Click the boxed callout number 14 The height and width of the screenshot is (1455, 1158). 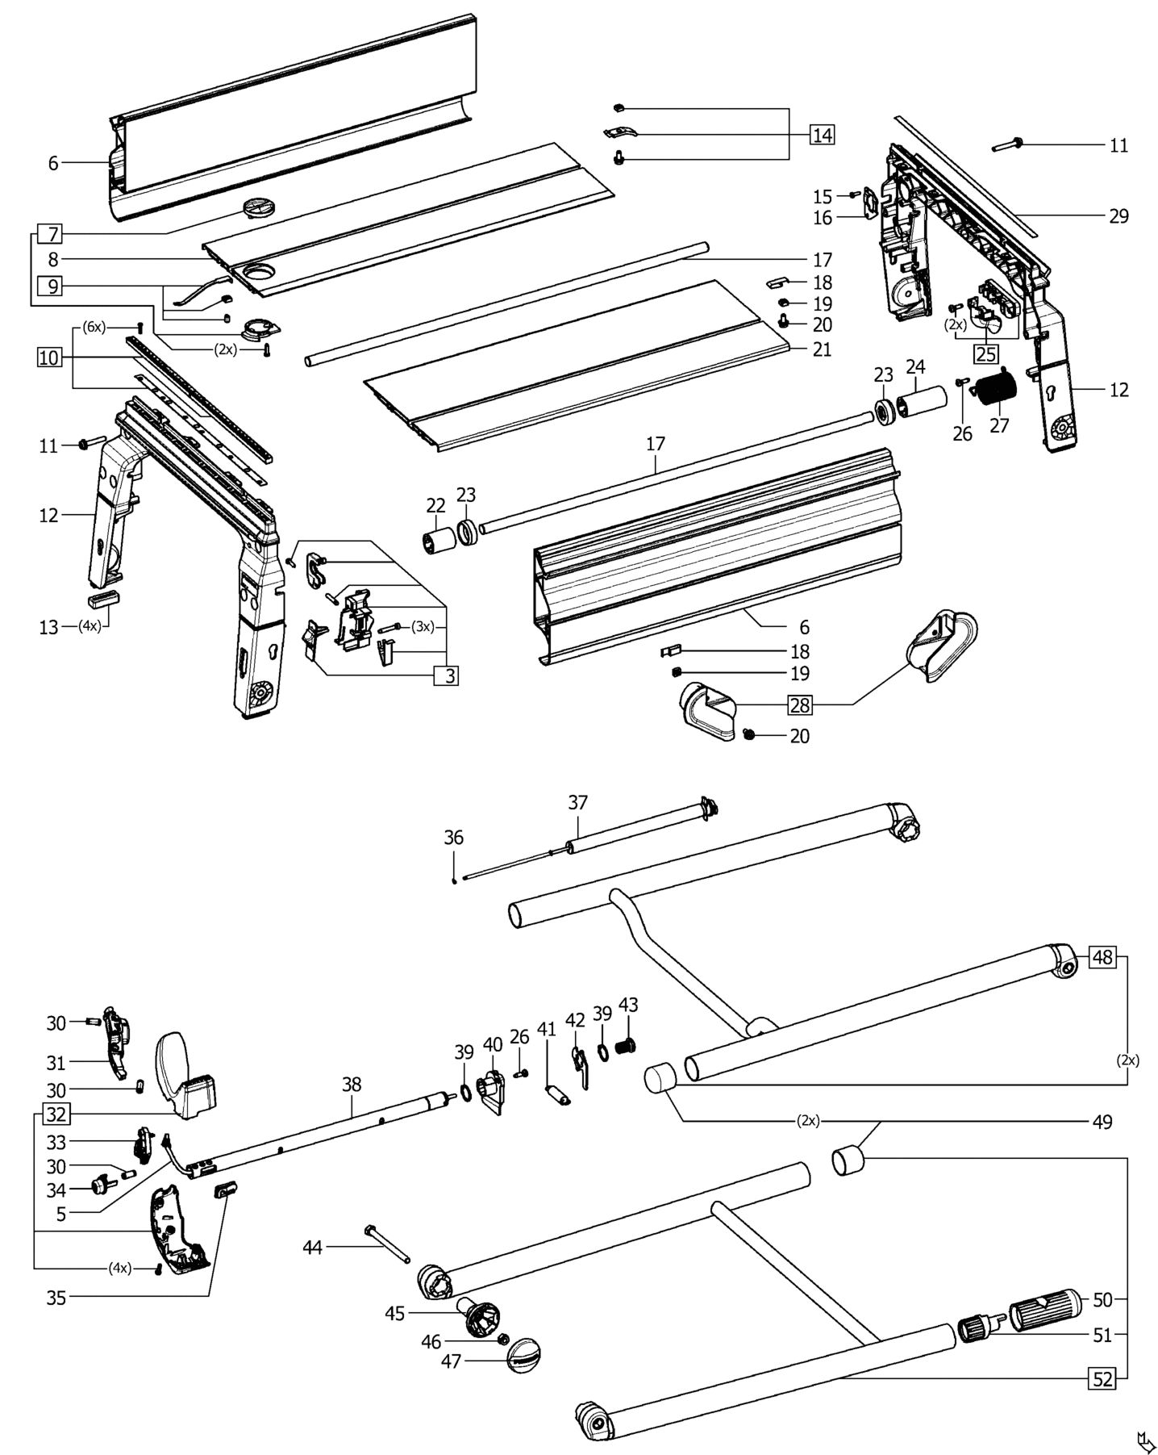pos(822,135)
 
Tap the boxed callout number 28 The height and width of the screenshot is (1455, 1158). pos(799,705)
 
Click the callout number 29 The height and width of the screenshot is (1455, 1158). pos(1118,216)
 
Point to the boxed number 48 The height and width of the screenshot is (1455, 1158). pos(1102,957)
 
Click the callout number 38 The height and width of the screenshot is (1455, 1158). pos(352,1085)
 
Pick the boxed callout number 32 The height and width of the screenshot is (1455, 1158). pos(56,1115)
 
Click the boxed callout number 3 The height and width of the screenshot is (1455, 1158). pos(446,675)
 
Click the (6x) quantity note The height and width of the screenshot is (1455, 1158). pos(94,327)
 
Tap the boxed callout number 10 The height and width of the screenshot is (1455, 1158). pos(49,357)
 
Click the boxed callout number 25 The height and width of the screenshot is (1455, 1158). pos(986,354)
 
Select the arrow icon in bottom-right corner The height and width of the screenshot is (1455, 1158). pos(1143,1438)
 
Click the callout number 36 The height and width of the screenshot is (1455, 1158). pos(454,838)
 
